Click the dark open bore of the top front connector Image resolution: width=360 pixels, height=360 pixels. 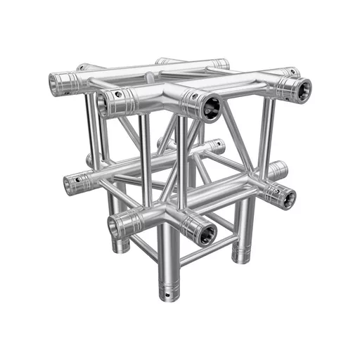pos(211,108)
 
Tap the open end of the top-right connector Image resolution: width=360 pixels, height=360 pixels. pos(303,89)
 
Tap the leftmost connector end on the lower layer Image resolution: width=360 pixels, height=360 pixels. pos(71,185)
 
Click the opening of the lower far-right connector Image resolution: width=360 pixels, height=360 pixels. pos(288,197)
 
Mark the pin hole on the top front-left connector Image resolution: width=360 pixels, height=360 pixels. pos(119,94)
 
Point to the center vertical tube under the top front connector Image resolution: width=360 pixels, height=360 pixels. pos(182,162)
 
